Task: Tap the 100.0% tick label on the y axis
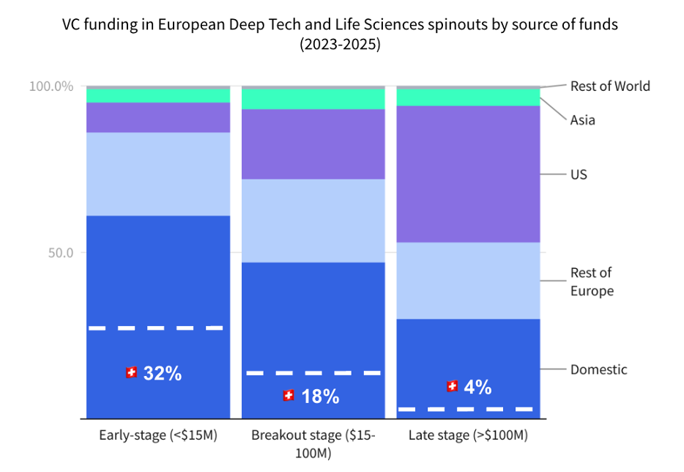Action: (x=51, y=86)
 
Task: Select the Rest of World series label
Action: (x=610, y=86)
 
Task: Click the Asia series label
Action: (x=582, y=120)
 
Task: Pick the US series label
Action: (x=579, y=174)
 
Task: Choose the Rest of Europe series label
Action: (x=592, y=281)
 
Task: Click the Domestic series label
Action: (x=598, y=369)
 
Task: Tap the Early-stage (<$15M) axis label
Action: (x=159, y=435)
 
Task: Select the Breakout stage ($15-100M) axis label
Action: (x=313, y=443)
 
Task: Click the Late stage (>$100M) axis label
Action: (x=467, y=435)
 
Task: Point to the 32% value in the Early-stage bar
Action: (x=162, y=373)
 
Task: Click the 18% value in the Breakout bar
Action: (x=320, y=397)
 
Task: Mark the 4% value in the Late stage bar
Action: (x=477, y=387)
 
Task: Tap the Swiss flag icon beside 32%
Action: (x=131, y=372)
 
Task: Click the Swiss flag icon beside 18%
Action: (x=289, y=396)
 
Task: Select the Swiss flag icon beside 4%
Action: (x=452, y=386)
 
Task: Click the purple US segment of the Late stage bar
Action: (x=468, y=174)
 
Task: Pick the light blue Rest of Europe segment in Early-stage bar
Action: (x=158, y=174)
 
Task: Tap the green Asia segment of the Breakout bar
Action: (x=313, y=98)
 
